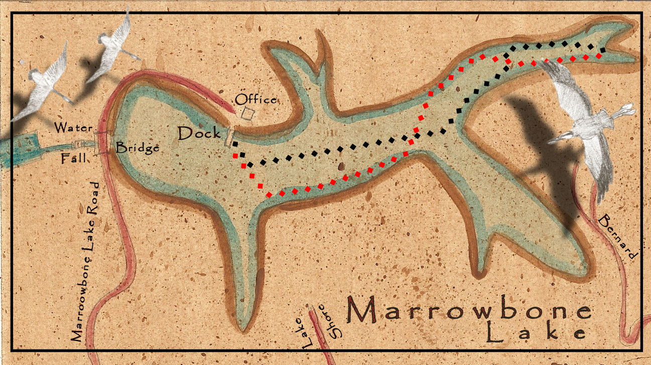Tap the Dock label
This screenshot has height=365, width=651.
199,134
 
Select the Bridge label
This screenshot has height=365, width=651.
138,148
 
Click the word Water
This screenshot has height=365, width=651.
73,128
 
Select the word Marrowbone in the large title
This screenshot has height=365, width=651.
469,311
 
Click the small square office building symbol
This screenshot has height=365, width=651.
246,113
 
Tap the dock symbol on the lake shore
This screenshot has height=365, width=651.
229,136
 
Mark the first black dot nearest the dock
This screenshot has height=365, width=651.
235,144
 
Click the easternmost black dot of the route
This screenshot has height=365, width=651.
602,50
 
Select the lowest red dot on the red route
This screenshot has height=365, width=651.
270,194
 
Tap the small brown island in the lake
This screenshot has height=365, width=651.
341,166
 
